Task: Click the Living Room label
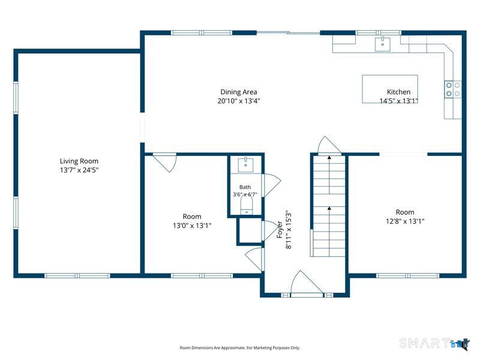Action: tap(79, 161)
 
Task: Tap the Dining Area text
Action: tap(239, 92)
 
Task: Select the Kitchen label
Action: tap(398, 92)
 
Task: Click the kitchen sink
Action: tap(383, 44)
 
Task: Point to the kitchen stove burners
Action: tap(453, 89)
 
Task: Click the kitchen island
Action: tap(389, 89)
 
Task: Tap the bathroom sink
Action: tap(245, 164)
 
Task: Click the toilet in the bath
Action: tap(247, 205)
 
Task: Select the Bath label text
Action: tap(245, 187)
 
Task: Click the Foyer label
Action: tap(280, 230)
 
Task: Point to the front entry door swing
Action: tap(307, 284)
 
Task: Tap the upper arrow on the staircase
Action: tap(329, 175)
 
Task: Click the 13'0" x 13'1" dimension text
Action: tap(192, 226)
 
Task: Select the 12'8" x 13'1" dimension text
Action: tap(405, 221)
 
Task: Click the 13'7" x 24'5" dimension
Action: tap(79, 170)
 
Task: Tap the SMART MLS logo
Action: tap(434, 343)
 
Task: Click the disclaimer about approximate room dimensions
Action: tap(239, 348)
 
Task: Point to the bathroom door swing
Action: tap(272, 185)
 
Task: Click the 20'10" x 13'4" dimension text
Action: tap(239, 101)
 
